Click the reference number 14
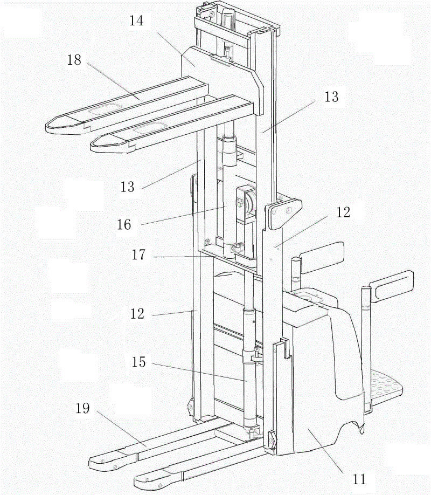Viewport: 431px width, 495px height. [137, 21]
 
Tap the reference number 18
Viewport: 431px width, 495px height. [74, 60]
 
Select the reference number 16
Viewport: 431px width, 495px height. [124, 225]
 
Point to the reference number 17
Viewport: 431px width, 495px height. [138, 255]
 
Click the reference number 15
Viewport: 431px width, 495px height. [138, 362]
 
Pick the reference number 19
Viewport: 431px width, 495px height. [82, 408]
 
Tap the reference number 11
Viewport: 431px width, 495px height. [359, 479]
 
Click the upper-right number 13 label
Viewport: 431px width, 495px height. [332, 97]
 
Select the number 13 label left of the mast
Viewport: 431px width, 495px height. [128, 187]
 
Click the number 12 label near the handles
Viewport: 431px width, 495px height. [343, 212]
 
